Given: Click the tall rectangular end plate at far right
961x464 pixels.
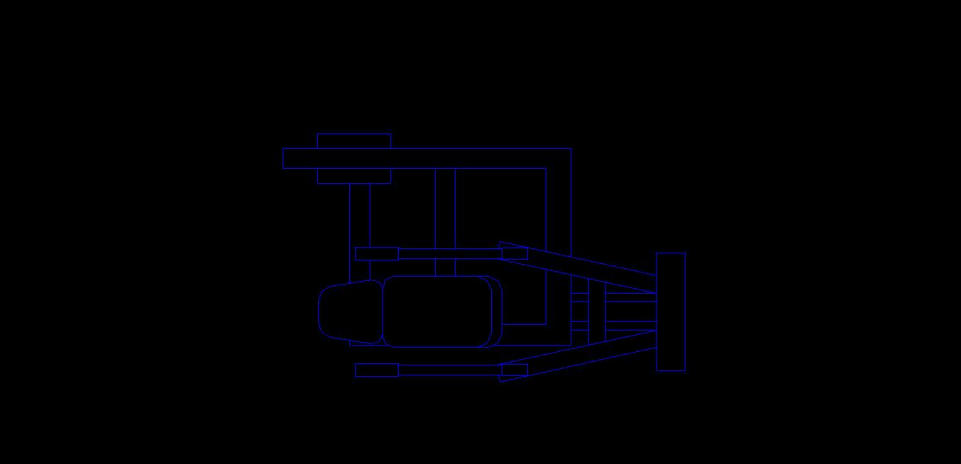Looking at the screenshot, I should [671, 311].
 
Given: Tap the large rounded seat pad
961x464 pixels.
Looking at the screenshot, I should [437, 311].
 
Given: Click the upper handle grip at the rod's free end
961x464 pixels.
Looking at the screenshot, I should [376, 253].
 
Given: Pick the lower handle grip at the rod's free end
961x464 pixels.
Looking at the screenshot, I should [376, 370].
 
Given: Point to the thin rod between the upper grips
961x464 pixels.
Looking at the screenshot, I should [450, 253].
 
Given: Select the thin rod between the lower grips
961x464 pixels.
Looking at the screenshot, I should [450, 370].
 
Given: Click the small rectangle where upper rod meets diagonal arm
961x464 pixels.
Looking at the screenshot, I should [515, 253].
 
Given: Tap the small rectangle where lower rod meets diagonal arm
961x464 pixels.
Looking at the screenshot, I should [515, 370].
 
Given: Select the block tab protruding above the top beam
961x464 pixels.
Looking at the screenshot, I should [353, 140].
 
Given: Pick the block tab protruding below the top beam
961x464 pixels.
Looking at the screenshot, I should [353, 176].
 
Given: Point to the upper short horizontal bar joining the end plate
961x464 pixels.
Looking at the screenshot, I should [630, 297].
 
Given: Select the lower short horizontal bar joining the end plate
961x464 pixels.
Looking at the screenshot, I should [630, 326].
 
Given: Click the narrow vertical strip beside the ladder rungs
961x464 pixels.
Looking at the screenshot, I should [597, 311].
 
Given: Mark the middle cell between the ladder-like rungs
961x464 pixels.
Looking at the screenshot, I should [580, 311].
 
